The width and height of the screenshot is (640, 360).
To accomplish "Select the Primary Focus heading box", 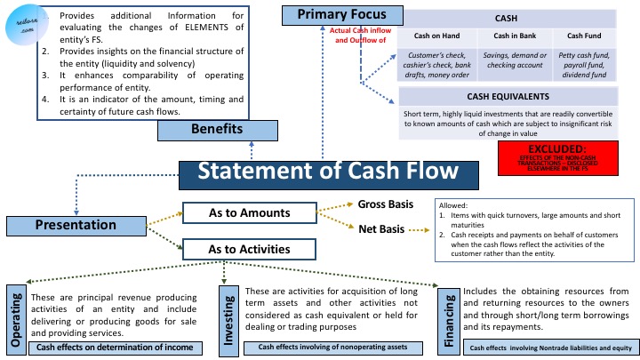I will coord(342,14).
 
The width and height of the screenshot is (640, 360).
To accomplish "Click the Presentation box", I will coord(76,226).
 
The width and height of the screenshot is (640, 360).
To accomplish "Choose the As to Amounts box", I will coord(249,212).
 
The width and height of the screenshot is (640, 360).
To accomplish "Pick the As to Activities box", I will coord(249,250).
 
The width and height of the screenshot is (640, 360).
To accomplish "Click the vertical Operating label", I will coord(15,316).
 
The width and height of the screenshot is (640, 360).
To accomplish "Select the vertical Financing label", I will coord(450,318).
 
